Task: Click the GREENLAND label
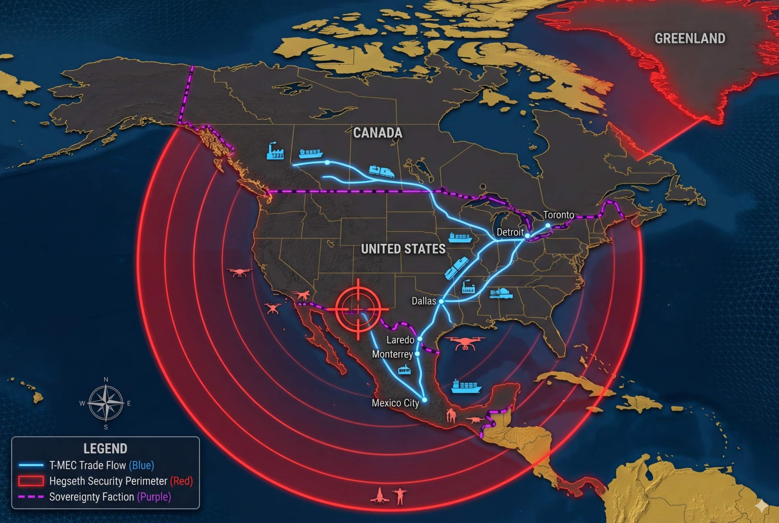point(690,38)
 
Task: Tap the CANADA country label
point(378,133)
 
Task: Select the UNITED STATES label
point(403,249)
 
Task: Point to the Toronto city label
point(558,215)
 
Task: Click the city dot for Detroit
point(527,236)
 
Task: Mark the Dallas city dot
point(441,301)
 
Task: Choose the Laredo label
point(400,340)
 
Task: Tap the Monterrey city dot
point(417,354)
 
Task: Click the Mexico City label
point(395,403)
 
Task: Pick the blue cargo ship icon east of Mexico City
point(466,386)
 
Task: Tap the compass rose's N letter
point(106,380)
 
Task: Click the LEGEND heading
point(105,449)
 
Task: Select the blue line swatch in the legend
point(31,465)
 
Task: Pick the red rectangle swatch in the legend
point(31,481)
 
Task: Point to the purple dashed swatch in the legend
point(31,497)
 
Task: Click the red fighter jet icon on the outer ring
point(379,496)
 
